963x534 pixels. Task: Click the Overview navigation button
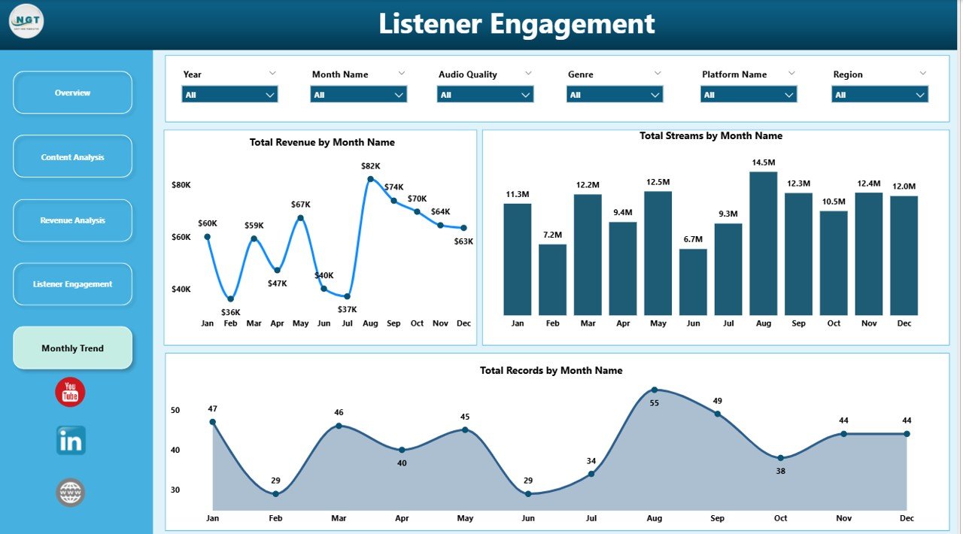click(x=72, y=93)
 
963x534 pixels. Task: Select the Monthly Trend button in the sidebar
click(x=72, y=348)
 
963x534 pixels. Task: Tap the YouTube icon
click(x=70, y=392)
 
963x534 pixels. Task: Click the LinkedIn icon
click(x=71, y=441)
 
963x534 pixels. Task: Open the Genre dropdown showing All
click(x=614, y=95)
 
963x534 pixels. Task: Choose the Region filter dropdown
click(x=879, y=95)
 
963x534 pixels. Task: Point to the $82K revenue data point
click(x=370, y=179)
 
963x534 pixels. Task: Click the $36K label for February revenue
click(x=230, y=312)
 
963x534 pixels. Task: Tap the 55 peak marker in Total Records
click(x=654, y=390)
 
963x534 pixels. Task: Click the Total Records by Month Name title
click(x=551, y=370)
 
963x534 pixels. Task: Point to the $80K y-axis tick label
click(x=181, y=185)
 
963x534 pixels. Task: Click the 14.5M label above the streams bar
click(x=763, y=162)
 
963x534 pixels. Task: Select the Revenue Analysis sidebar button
click(x=72, y=220)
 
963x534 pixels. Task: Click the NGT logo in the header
click(x=26, y=21)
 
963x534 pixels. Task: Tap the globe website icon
click(x=71, y=493)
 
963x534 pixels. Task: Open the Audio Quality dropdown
click(x=485, y=95)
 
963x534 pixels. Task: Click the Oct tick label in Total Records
click(x=780, y=518)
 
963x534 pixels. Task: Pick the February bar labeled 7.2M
click(x=552, y=279)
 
